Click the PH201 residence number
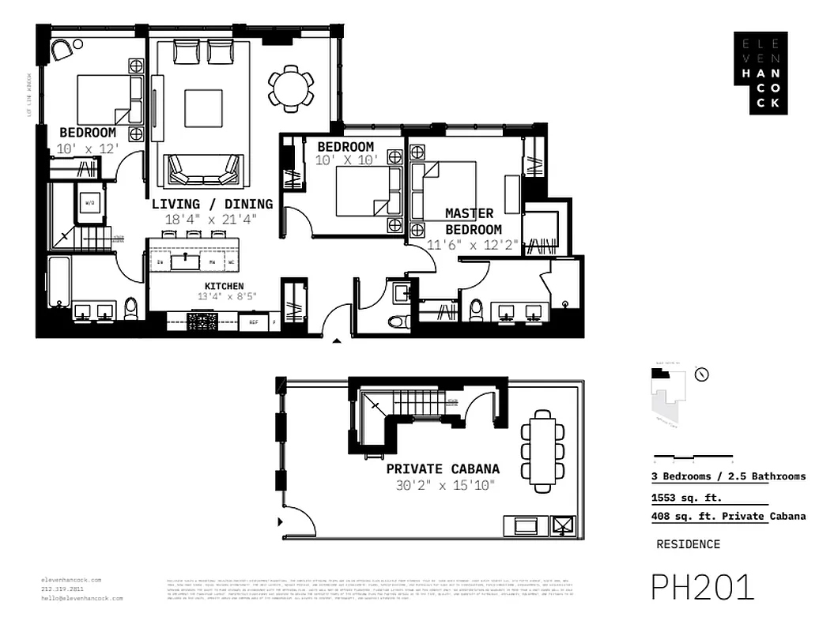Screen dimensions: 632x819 (702, 588)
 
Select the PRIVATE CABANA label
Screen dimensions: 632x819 (442, 468)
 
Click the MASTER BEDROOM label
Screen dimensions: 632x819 (472, 221)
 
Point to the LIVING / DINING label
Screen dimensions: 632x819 (212, 204)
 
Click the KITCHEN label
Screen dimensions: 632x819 (224, 286)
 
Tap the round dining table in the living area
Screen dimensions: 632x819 (291, 85)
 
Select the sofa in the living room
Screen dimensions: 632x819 (202, 167)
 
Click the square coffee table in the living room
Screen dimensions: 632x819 (203, 108)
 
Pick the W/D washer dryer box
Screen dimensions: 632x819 (91, 203)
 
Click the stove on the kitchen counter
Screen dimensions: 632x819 (202, 321)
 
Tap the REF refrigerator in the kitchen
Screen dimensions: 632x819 (254, 322)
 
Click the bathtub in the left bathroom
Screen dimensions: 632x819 (60, 280)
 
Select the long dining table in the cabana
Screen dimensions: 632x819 (542, 448)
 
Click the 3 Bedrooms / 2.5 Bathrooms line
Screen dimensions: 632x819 (728, 476)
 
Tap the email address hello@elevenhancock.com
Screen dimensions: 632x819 (82, 599)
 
